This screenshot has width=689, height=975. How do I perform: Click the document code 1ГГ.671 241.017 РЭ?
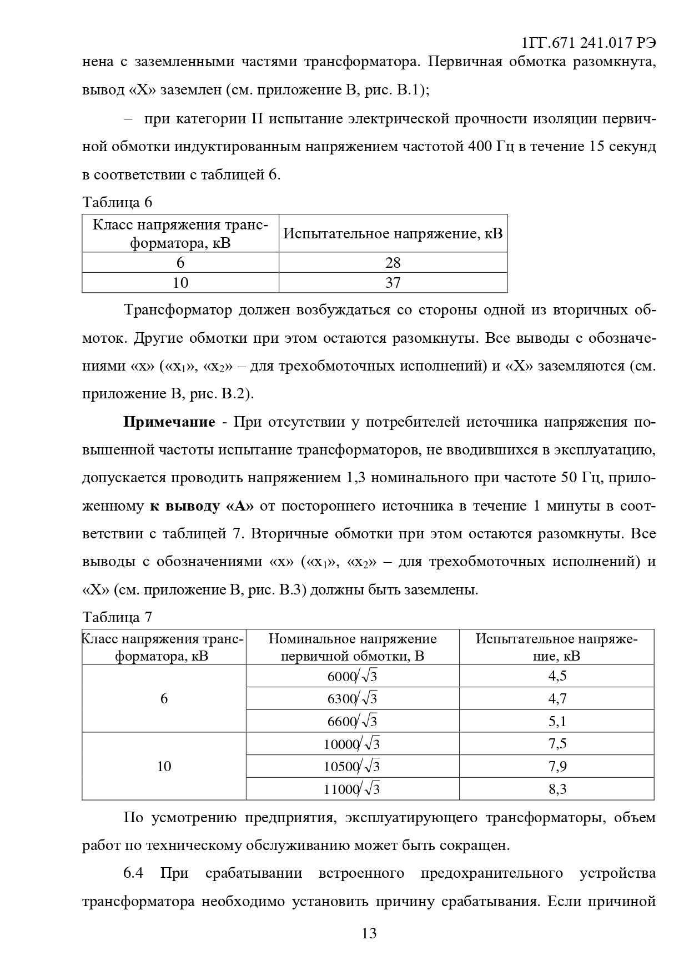(x=589, y=43)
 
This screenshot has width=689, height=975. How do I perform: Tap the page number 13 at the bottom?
(x=369, y=933)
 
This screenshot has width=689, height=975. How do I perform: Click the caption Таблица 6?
(x=117, y=202)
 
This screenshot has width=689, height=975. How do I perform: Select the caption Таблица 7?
(x=117, y=617)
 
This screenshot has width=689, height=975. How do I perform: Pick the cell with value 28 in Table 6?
(x=393, y=262)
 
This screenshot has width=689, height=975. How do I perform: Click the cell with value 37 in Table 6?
(x=393, y=283)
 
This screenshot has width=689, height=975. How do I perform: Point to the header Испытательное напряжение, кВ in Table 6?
(x=393, y=233)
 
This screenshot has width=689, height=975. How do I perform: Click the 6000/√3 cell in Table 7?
(x=353, y=676)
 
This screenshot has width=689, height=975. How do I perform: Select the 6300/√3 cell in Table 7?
(x=353, y=698)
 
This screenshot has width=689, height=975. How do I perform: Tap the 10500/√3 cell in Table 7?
(x=353, y=767)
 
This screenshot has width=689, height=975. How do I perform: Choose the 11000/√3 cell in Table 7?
(x=353, y=789)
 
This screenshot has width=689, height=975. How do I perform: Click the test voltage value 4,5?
(x=557, y=676)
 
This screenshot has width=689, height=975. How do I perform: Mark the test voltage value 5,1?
(x=557, y=721)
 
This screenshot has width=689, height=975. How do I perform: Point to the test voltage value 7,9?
(x=557, y=767)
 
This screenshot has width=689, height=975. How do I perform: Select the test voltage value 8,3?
(x=557, y=789)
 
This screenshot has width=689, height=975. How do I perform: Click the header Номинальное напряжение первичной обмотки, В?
(x=353, y=647)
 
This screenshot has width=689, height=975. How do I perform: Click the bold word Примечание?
(x=169, y=422)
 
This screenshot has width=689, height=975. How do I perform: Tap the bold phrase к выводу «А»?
(x=202, y=506)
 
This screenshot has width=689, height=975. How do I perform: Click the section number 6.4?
(x=133, y=873)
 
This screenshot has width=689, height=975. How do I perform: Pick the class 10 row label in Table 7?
(x=164, y=767)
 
